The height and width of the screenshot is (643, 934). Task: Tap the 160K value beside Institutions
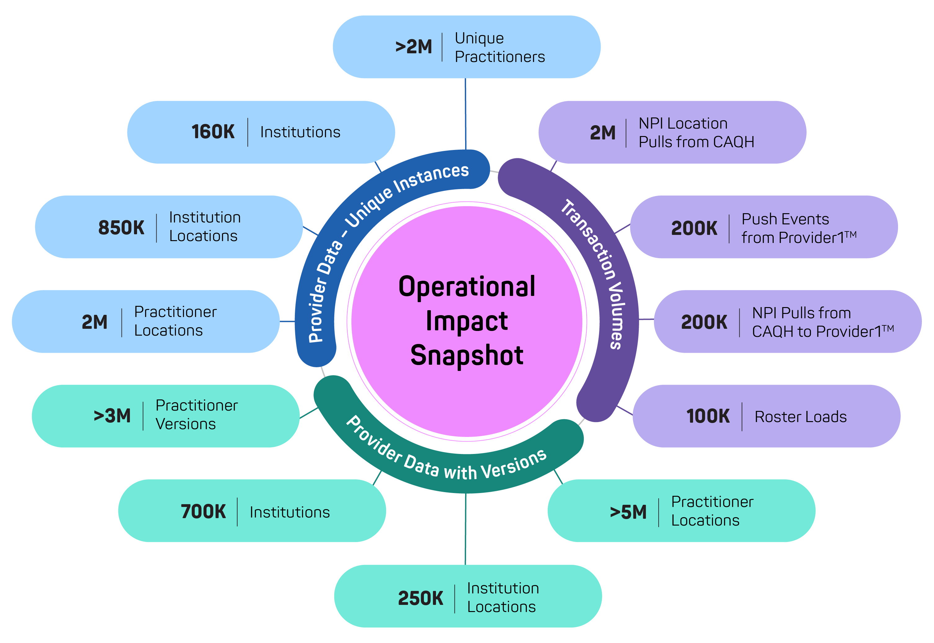point(213,132)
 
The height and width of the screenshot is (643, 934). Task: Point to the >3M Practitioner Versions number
point(112,416)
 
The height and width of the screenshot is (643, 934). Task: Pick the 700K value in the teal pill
point(203,512)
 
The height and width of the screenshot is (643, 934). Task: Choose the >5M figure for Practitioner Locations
point(628,512)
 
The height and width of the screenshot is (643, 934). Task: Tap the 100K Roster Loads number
point(708,416)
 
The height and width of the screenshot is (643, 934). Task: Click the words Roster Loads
point(801,416)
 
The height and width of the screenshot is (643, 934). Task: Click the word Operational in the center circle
point(467,287)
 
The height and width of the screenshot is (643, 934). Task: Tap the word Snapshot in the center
point(467,355)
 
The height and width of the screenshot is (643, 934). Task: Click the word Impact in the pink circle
point(467,321)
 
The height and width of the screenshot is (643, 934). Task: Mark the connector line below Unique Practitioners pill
point(465,114)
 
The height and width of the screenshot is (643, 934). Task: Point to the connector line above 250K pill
point(465,529)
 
